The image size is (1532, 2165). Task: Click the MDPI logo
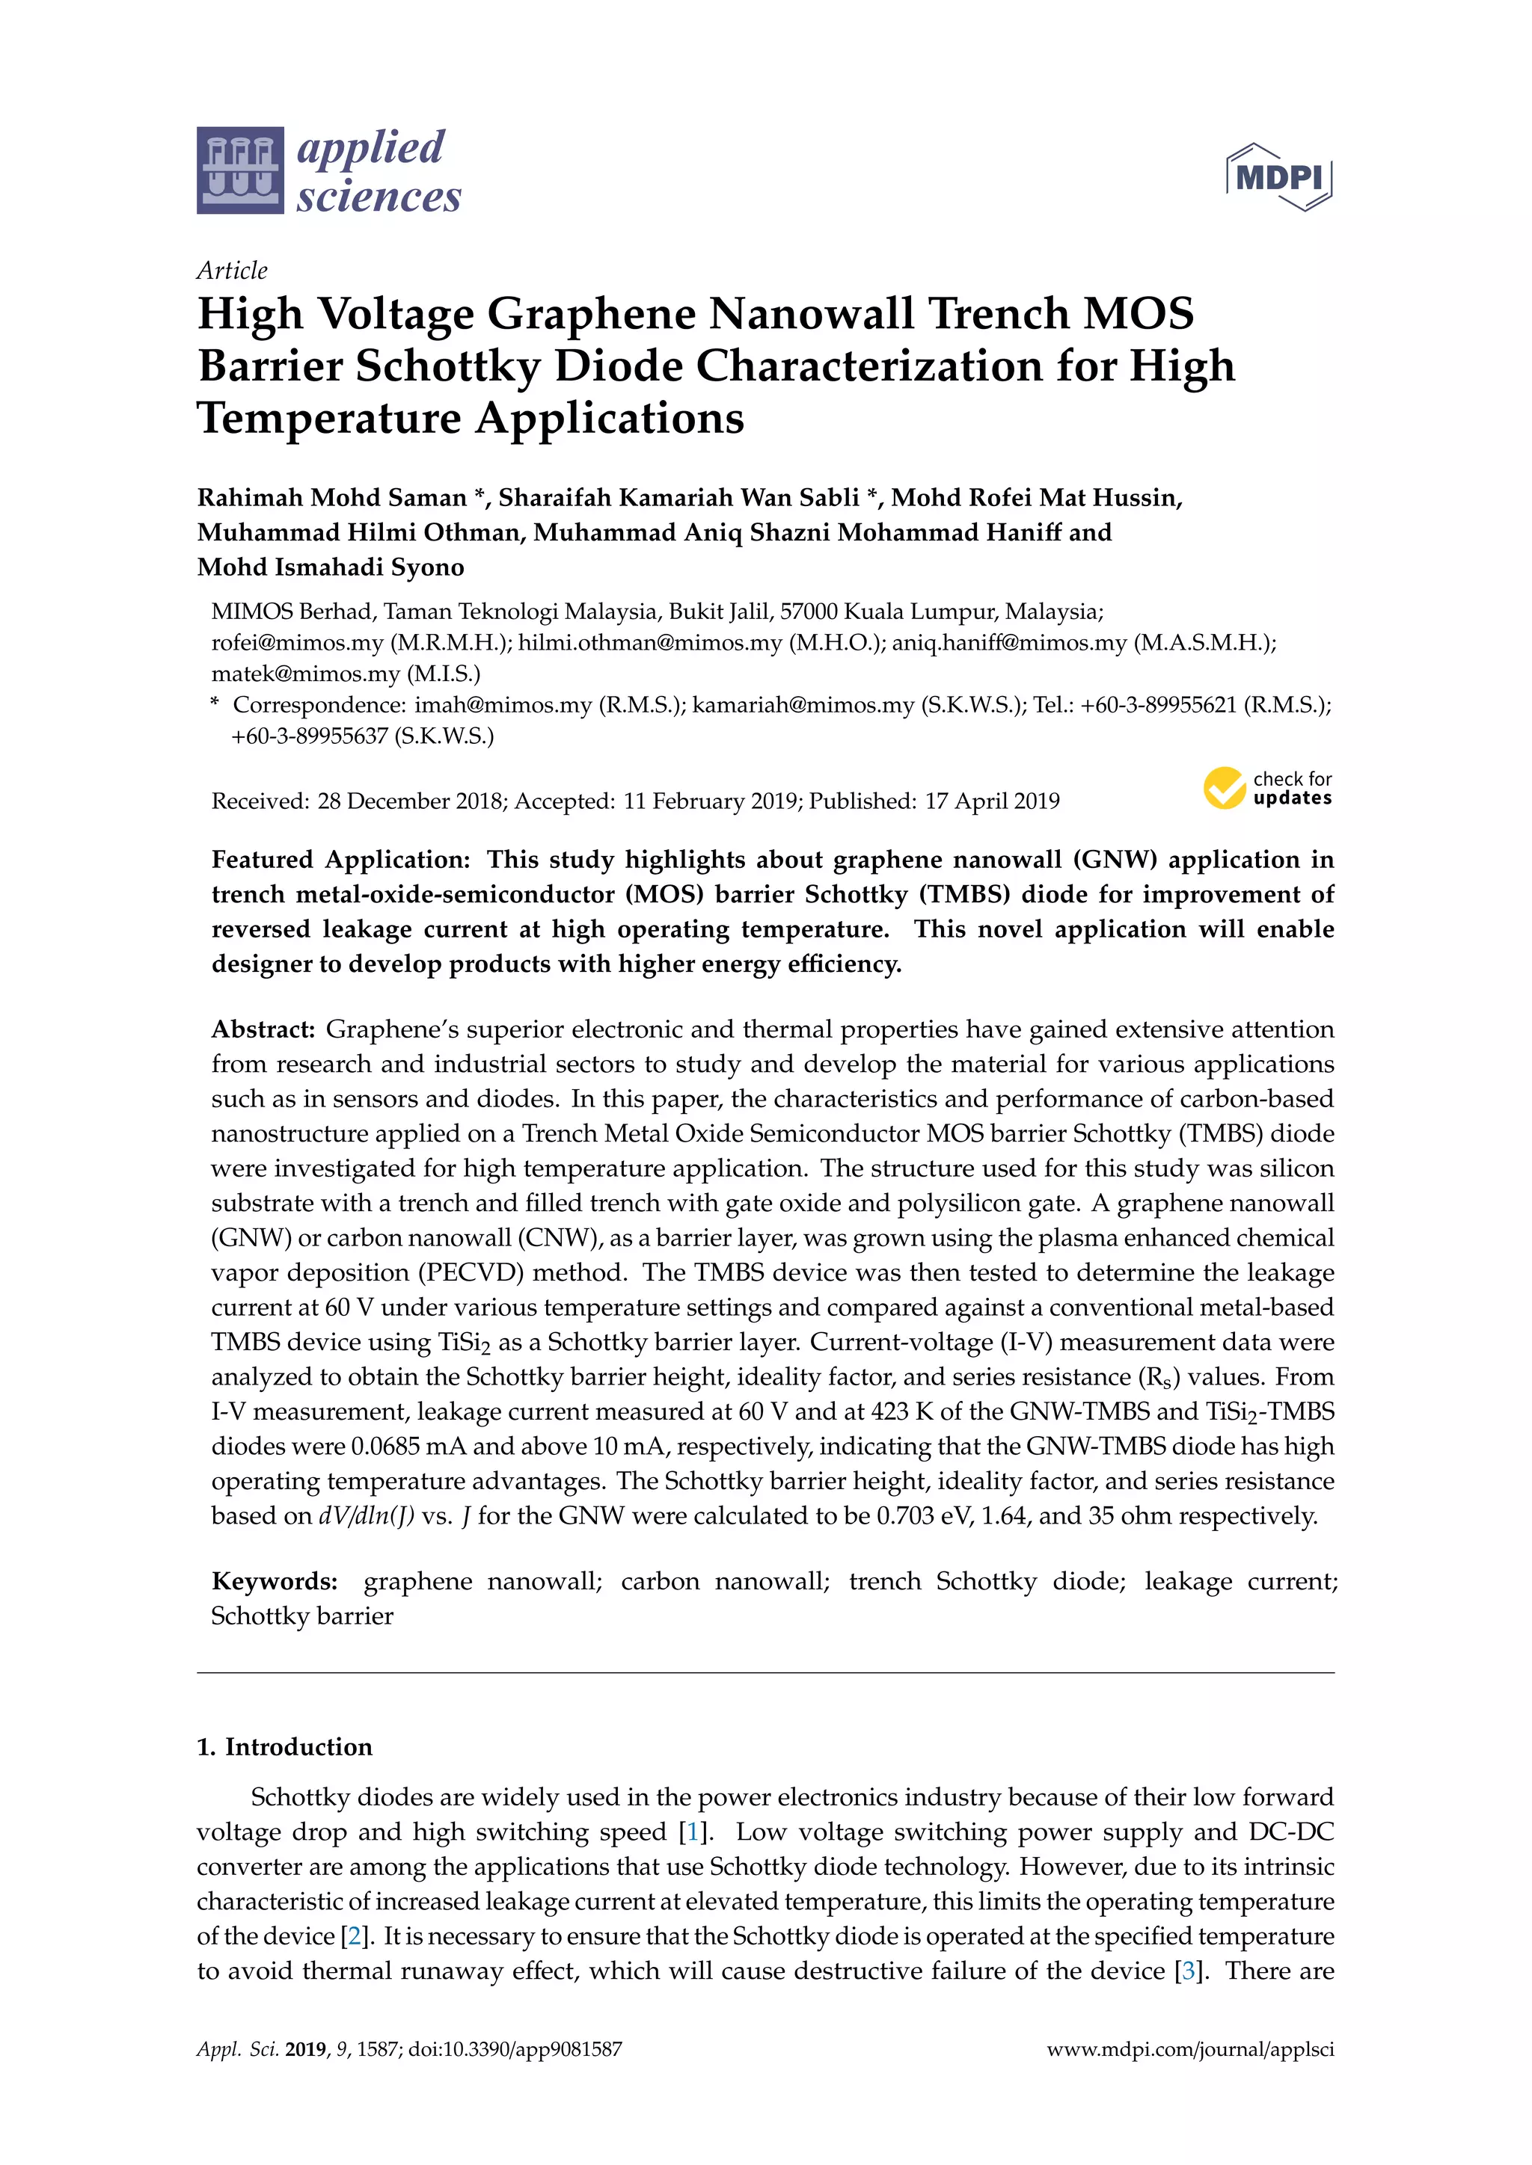(1278, 176)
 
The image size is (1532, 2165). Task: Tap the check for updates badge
(1267, 787)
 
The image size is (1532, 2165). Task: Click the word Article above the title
(232, 271)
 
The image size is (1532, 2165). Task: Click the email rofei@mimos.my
(297, 642)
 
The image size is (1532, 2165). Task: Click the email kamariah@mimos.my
(803, 704)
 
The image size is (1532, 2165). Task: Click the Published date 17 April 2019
(991, 801)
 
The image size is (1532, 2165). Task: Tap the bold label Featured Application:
(340, 859)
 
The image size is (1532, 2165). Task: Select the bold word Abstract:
(263, 1029)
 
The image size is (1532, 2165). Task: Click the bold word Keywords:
(275, 1581)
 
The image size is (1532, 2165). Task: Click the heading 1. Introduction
(284, 1746)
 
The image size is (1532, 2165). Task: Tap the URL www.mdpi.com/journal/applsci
(1189, 2049)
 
